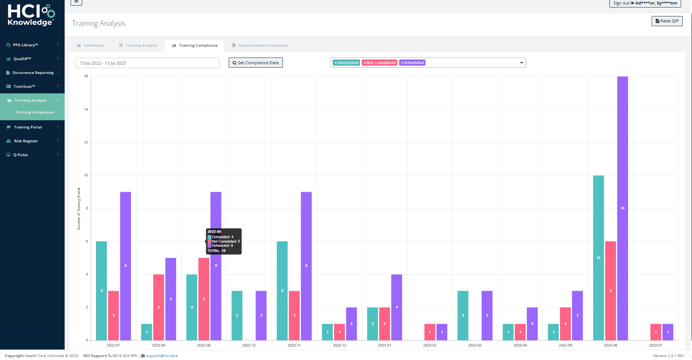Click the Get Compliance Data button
coord(256,63)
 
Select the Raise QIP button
coord(667,21)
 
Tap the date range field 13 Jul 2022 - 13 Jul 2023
coord(147,63)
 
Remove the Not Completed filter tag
coord(364,63)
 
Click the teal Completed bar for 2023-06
coord(598,258)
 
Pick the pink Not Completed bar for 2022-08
coord(158,307)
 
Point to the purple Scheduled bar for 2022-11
coord(306,266)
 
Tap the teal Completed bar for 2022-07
coord(101,291)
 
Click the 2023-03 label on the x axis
coord(475,345)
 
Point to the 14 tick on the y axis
coord(86,109)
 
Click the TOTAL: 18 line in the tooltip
coord(217,251)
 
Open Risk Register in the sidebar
coord(26,141)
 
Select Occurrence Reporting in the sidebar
coord(33,73)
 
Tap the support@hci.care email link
coord(161,356)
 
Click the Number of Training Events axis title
coord(79,208)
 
